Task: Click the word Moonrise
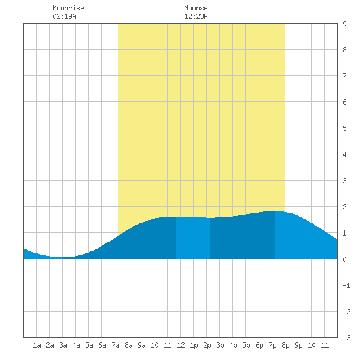(x=68, y=8)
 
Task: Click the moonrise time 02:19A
(x=65, y=16)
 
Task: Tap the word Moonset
(x=198, y=8)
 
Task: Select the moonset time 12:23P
(x=196, y=16)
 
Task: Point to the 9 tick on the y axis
(x=344, y=24)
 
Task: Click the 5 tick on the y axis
(x=344, y=128)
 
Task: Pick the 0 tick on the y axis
(x=344, y=259)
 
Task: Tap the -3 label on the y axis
(x=346, y=338)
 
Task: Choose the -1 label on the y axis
(x=346, y=285)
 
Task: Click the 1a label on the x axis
(x=37, y=345)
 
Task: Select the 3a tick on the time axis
(x=63, y=345)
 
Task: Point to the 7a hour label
(x=115, y=345)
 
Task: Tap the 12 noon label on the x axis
(x=181, y=345)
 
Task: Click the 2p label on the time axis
(x=207, y=345)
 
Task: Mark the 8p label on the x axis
(x=285, y=345)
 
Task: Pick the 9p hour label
(x=298, y=345)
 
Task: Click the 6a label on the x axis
(x=102, y=345)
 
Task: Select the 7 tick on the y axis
(x=344, y=76)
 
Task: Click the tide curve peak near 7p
(x=275, y=211)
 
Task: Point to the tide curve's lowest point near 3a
(x=62, y=258)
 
